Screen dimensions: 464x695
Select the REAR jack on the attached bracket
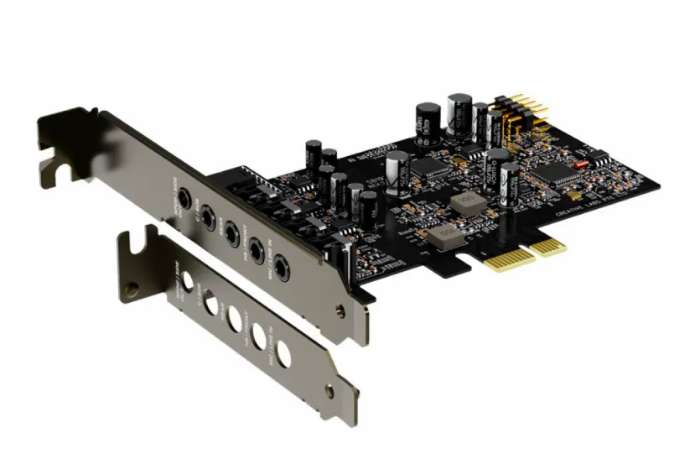(229, 229)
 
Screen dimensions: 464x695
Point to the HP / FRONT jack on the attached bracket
(254, 247)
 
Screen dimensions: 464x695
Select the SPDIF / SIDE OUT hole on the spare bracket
(189, 281)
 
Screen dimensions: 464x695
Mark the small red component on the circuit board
(580, 164)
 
